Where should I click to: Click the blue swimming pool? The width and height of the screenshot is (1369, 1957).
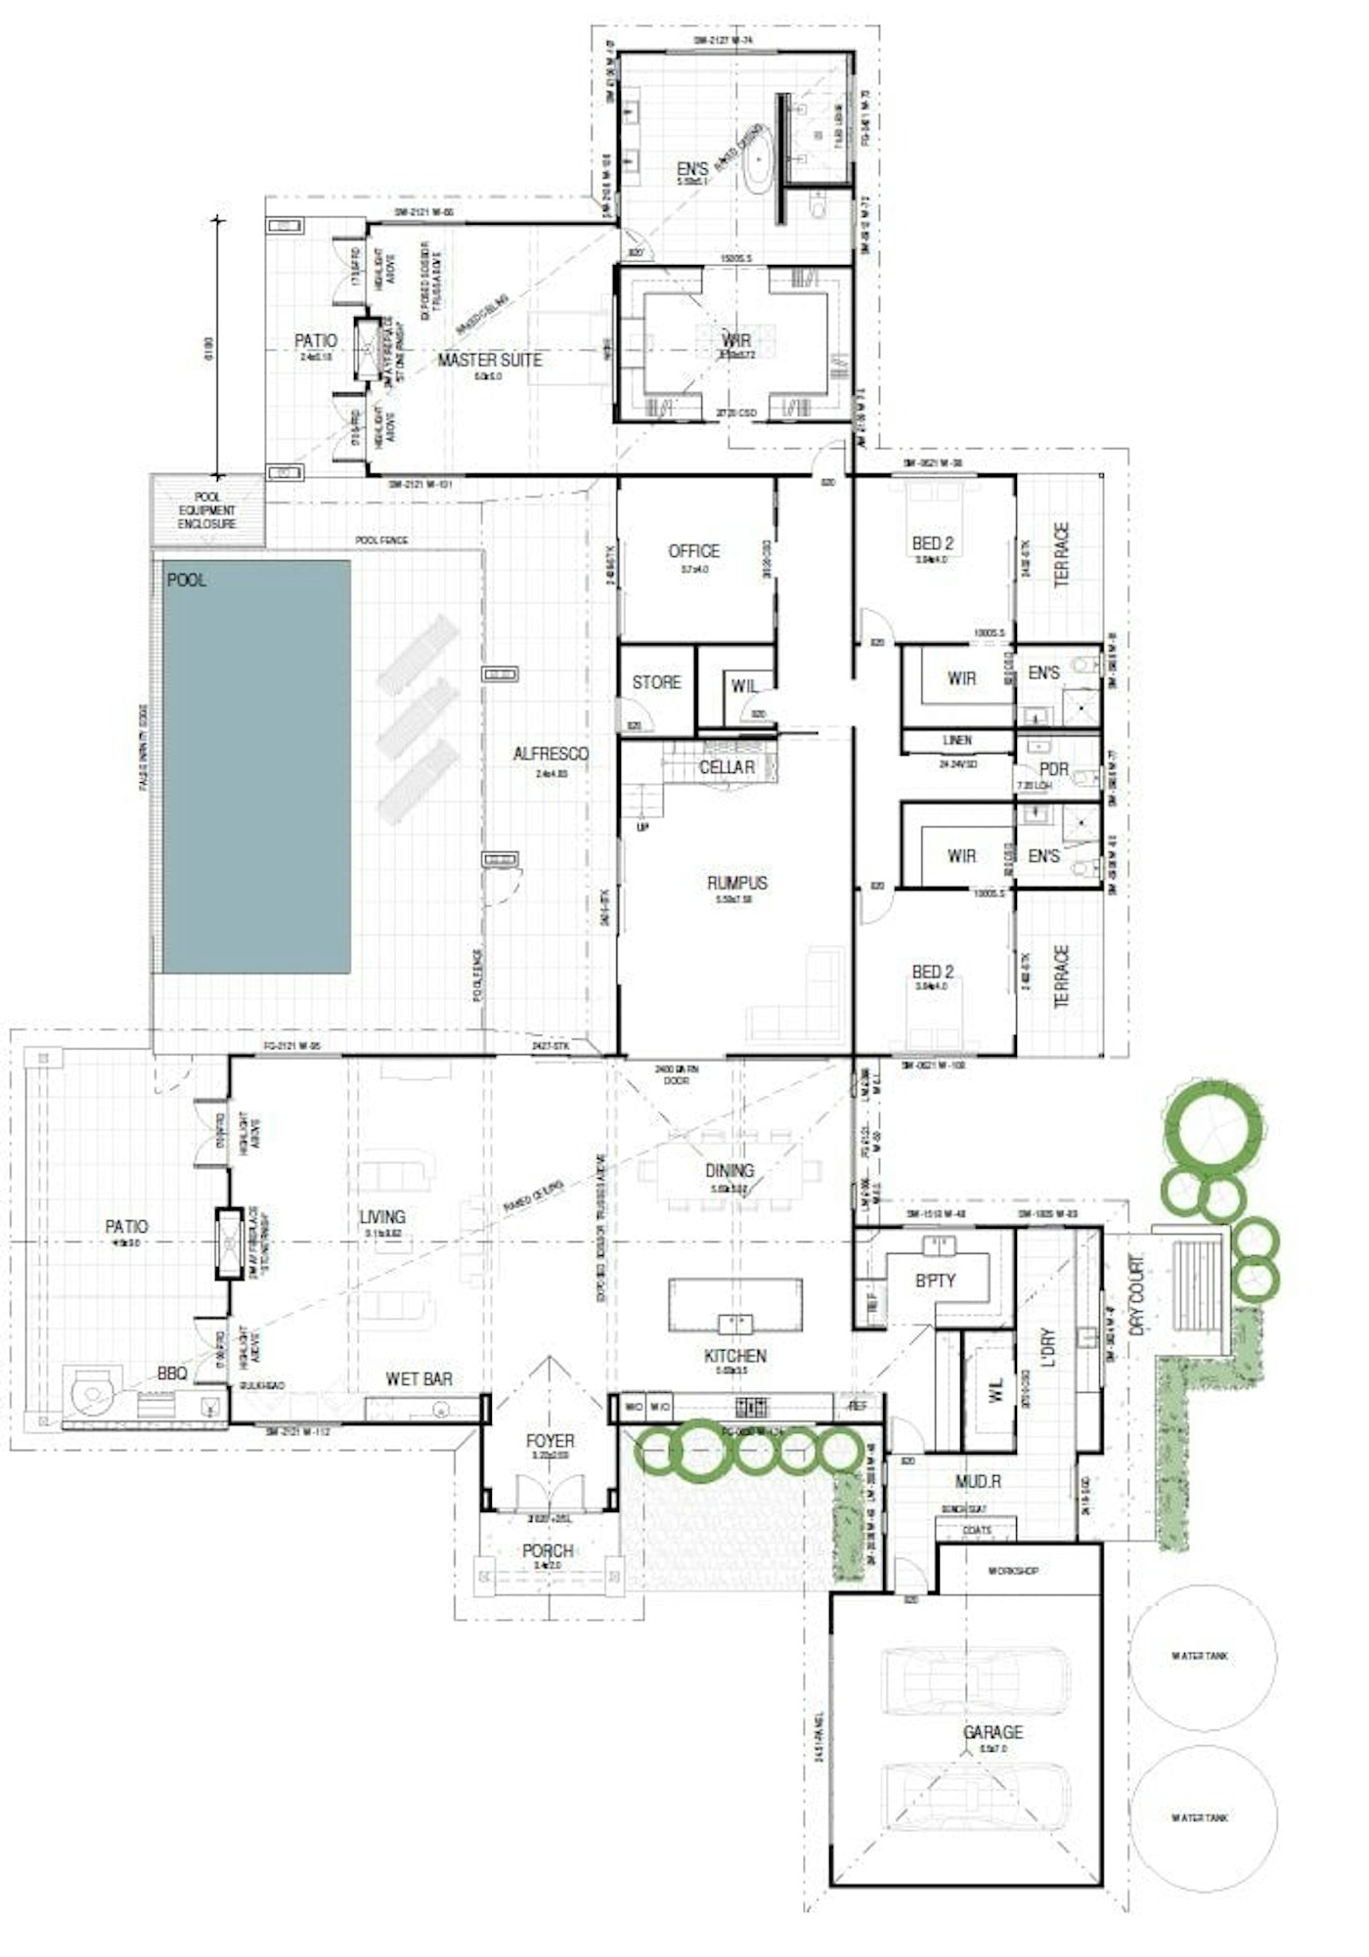pyautogui.click(x=256, y=766)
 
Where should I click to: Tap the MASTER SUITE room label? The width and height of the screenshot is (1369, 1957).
pyautogui.click(x=489, y=361)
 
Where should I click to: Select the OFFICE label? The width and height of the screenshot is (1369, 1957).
pyautogui.click(x=693, y=551)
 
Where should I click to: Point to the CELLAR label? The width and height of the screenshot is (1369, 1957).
pyautogui.click(x=727, y=767)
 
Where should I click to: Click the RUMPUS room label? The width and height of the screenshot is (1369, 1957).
pyautogui.click(x=737, y=883)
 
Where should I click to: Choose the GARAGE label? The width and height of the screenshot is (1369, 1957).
pyautogui.click(x=993, y=1732)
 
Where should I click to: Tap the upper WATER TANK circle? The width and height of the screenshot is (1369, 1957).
pyautogui.click(x=1201, y=1656)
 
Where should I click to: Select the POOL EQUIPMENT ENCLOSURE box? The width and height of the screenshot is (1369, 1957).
pyautogui.click(x=207, y=510)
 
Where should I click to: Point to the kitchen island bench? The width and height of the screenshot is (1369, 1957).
pyautogui.click(x=735, y=1305)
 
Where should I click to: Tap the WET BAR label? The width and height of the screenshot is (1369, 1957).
pyautogui.click(x=419, y=1379)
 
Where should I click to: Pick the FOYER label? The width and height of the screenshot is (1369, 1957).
pyautogui.click(x=550, y=1441)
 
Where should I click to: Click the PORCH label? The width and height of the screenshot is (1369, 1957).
pyautogui.click(x=548, y=1551)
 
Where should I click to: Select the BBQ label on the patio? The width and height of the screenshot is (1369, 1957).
pyautogui.click(x=172, y=1374)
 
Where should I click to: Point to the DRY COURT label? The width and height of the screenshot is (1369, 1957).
pyautogui.click(x=1136, y=1296)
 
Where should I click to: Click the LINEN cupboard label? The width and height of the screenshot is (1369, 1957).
pyautogui.click(x=956, y=741)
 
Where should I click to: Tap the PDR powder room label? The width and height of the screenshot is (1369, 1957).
pyautogui.click(x=1053, y=769)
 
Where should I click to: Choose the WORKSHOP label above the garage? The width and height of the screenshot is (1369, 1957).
pyautogui.click(x=1012, y=1571)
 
